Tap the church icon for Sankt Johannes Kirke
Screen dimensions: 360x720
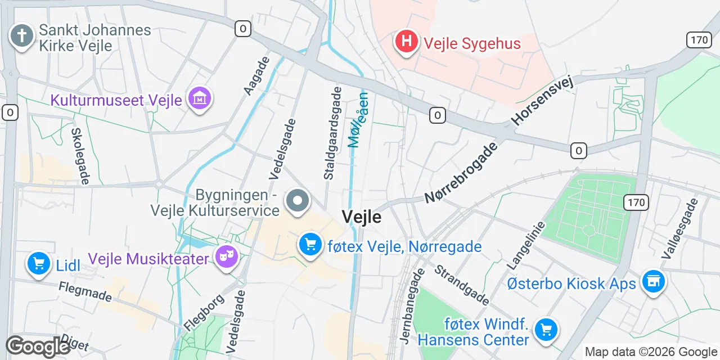point(21,36)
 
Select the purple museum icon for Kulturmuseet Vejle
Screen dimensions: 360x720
point(200,99)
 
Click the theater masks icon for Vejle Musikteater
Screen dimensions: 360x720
point(227,258)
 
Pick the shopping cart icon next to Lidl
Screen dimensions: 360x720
point(38,263)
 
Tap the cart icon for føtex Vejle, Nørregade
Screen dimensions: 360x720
point(310,245)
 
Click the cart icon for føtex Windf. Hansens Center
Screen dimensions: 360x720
point(545,329)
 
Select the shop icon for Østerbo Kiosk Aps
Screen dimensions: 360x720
point(653,281)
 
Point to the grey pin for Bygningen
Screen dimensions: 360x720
point(298,201)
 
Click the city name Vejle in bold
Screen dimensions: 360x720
point(361,217)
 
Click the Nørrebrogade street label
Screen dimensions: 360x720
point(461,173)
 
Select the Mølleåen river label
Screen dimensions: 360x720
point(358,119)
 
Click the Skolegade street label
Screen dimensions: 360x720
point(80,156)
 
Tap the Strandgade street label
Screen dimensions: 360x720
point(461,285)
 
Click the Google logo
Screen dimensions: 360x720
point(38,347)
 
